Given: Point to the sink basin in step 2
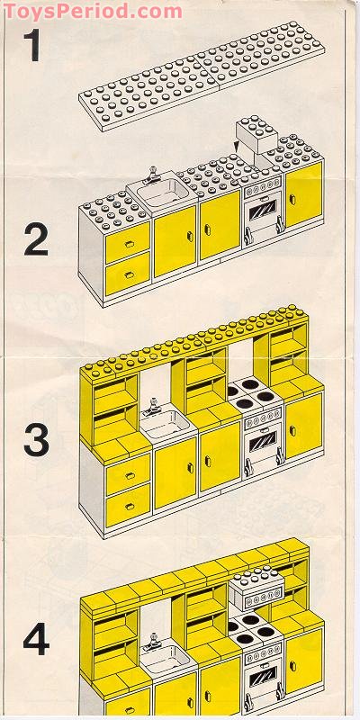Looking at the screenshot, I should pyautogui.click(x=162, y=193).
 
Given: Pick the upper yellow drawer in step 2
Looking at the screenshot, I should pyautogui.click(x=127, y=238).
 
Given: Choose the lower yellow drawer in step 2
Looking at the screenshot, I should pyautogui.click(x=127, y=271).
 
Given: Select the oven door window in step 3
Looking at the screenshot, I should pyautogui.click(x=263, y=444).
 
